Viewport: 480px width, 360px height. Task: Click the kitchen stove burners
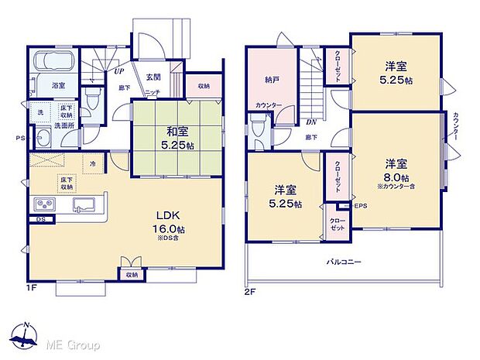[x=43, y=204]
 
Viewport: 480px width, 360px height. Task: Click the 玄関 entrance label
[x=153, y=76]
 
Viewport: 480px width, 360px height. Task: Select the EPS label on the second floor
[x=360, y=205]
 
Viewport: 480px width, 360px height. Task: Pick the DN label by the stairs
[x=310, y=122]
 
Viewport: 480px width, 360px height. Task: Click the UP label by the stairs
[x=119, y=71]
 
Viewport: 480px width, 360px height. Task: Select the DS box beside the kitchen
[x=39, y=219]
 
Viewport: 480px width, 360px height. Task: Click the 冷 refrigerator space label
[x=93, y=163]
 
